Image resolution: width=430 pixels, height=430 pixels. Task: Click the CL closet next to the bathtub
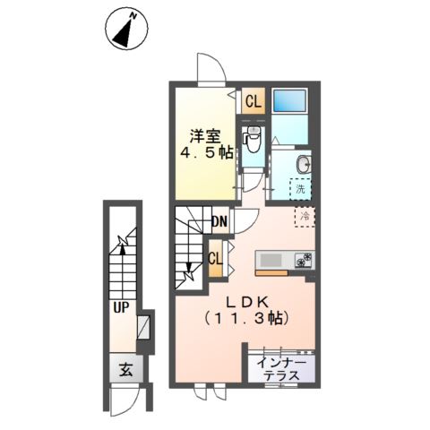coord(254,101)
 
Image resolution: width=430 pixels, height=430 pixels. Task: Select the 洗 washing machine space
coord(302,189)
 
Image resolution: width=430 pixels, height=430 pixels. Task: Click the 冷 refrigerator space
coord(305,217)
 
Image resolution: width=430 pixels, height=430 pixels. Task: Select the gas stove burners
coord(305,261)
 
